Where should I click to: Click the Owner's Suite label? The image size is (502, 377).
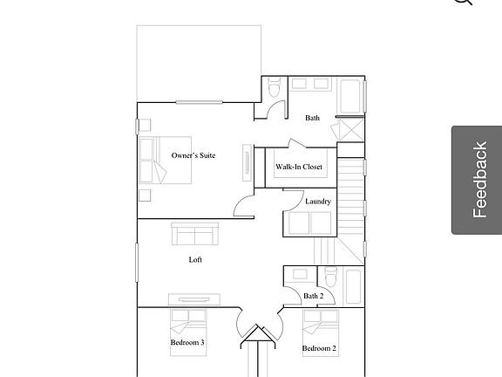(193, 155)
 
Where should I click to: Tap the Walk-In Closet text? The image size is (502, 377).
(299, 166)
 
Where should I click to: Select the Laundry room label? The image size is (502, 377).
(317, 202)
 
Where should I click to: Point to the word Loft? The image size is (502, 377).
(196, 259)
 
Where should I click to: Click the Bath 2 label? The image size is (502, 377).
(313, 296)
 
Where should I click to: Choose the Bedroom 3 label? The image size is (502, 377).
(187, 343)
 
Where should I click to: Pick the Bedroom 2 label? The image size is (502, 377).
(319, 348)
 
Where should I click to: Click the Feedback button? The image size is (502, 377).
(477, 180)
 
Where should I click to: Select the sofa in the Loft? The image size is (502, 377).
(195, 234)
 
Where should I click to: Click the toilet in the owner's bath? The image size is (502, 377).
(275, 89)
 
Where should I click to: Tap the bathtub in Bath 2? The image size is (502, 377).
(352, 284)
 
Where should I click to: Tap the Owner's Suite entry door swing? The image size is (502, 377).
(242, 207)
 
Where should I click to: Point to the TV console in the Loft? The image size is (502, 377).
(194, 298)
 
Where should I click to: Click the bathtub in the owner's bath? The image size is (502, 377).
(352, 96)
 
